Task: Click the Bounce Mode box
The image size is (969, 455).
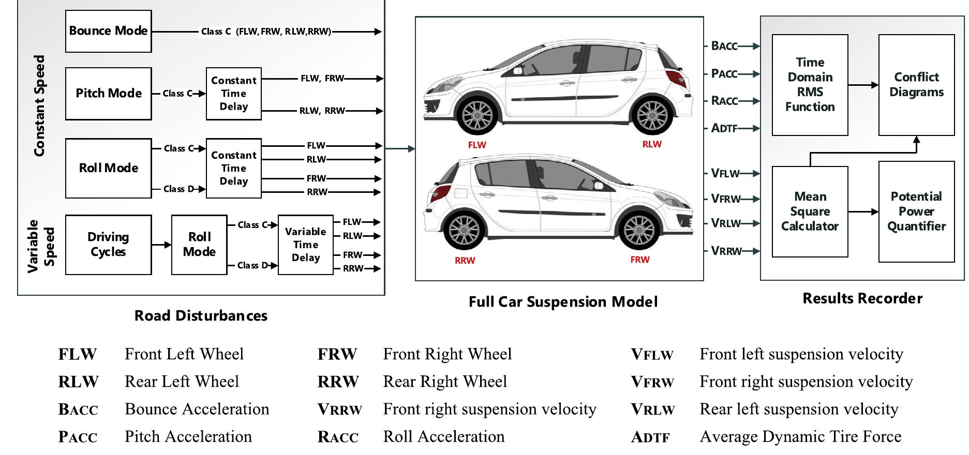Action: [108, 31]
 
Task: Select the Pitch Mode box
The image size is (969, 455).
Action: [108, 94]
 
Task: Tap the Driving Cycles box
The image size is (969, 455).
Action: [108, 245]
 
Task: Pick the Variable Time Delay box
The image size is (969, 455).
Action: [305, 245]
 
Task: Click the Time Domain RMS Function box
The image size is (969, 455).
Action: [810, 85]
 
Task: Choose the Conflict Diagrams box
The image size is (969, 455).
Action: [916, 85]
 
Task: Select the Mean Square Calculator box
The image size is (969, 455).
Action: [810, 211]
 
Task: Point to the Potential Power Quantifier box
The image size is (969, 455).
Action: [916, 211]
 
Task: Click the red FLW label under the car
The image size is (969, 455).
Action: [476, 145]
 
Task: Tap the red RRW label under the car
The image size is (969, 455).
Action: [465, 261]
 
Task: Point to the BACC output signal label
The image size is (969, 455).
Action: [724, 46]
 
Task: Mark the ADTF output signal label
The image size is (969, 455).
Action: [724, 128]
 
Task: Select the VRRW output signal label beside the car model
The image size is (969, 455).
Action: [726, 251]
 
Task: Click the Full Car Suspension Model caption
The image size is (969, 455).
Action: [563, 302]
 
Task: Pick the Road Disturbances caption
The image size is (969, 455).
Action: [201, 316]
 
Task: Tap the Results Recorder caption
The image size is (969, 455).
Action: [862, 298]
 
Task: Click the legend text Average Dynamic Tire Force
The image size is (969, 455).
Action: [800, 437]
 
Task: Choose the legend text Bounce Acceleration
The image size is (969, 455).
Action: [197, 410]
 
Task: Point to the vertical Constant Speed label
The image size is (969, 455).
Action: [39, 106]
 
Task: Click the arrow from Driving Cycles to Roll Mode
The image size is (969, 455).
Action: [161, 245]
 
